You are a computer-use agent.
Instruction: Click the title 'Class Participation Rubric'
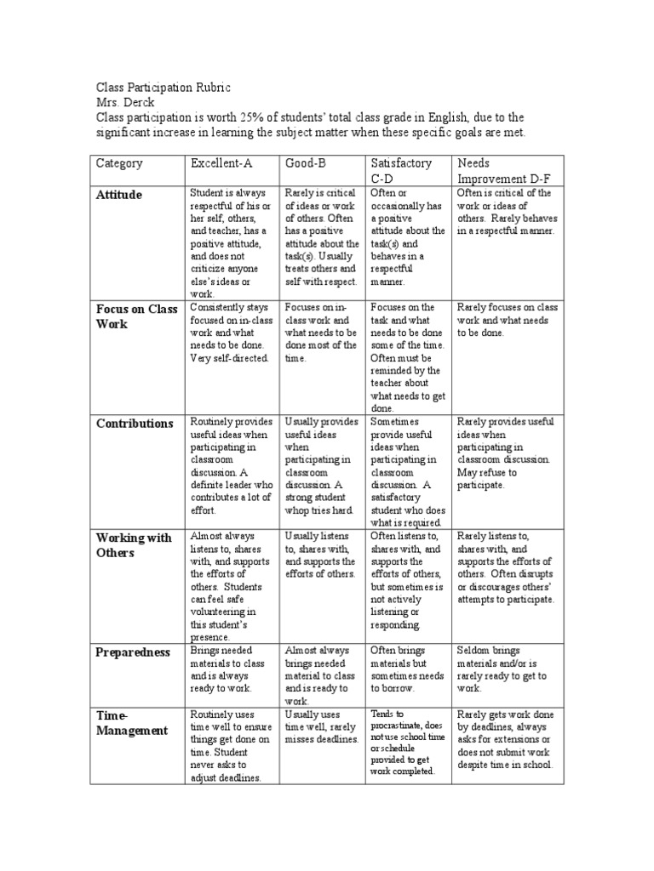coord(163,88)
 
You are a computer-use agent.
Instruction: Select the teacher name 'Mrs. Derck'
coord(125,102)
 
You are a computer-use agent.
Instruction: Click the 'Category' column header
coord(119,163)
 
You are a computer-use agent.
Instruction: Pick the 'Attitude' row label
coord(119,195)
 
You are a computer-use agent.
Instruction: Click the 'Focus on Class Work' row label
coord(136,316)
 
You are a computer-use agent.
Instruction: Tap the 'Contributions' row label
coord(135,424)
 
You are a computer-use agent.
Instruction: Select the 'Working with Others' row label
coord(134,545)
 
